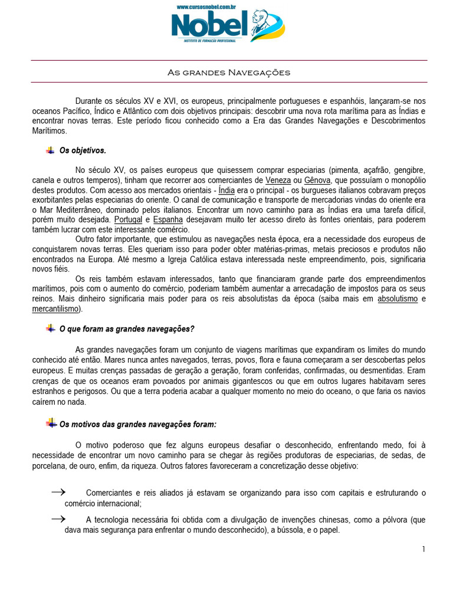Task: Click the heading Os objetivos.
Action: pos(83,150)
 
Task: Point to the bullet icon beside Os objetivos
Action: pos(50,150)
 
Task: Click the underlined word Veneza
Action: pos(278,180)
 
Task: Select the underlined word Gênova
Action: pos(317,180)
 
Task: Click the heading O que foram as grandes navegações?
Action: pos(127,329)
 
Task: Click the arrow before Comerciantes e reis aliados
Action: pos(57,491)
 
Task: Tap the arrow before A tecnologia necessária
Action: pos(57,518)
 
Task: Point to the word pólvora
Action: pos(389,520)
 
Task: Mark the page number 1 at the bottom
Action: pos(424,550)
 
